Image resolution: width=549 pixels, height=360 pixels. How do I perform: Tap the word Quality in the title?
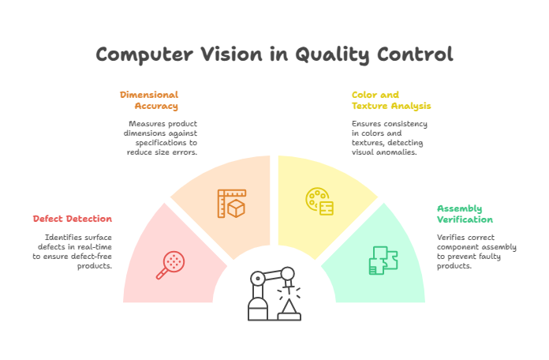point(333,54)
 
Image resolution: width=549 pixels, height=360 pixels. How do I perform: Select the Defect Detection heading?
point(73,219)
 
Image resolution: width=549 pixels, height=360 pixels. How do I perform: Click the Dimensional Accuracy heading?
point(149,100)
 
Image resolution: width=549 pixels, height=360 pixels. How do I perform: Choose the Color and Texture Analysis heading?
point(391,100)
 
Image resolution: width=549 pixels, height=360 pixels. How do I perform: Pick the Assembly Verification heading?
point(465,214)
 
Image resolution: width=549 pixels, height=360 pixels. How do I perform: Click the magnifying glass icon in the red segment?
point(170,264)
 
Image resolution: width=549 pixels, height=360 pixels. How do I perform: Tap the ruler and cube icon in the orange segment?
point(232,203)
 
